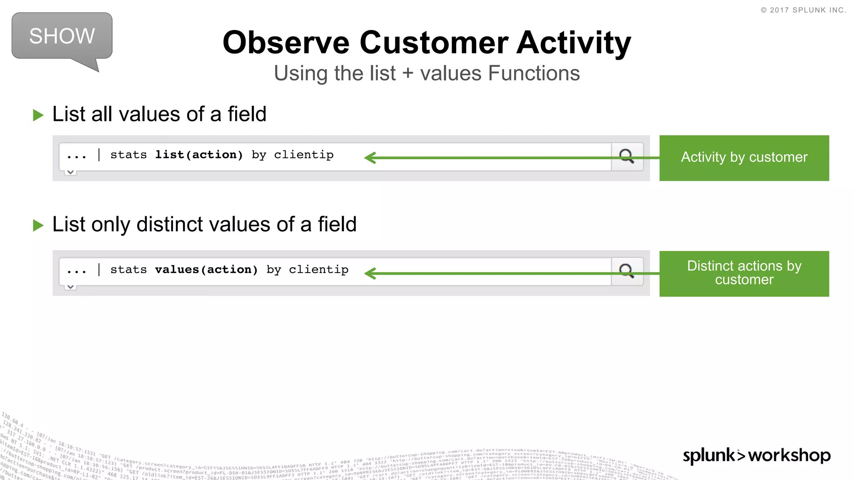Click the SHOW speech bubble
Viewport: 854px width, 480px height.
pos(62,36)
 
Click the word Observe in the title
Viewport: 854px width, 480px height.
pos(286,42)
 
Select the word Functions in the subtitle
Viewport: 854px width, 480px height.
pos(534,73)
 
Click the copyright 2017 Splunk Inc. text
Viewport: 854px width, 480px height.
pos(803,10)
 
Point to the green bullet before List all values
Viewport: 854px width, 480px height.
pos(38,115)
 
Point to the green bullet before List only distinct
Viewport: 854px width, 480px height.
pos(38,225)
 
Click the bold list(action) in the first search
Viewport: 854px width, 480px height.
pos(198,155)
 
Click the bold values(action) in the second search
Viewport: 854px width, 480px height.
pos(206,270)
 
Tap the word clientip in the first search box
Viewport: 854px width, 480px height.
pos(304,155)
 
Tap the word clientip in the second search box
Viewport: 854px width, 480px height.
pos(319,270)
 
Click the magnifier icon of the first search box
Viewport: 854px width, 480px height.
pos(626,156)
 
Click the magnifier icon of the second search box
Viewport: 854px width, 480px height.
pos(626,271)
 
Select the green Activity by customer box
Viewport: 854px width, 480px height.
pos(744,158)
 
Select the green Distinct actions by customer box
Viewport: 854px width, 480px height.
pos(744,273)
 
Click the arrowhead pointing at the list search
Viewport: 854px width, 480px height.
pos(370,158)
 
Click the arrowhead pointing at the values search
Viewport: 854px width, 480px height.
pos(370,273)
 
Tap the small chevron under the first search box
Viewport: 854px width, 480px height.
pos(70,172)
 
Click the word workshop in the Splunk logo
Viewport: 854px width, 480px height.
pos(789,455)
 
